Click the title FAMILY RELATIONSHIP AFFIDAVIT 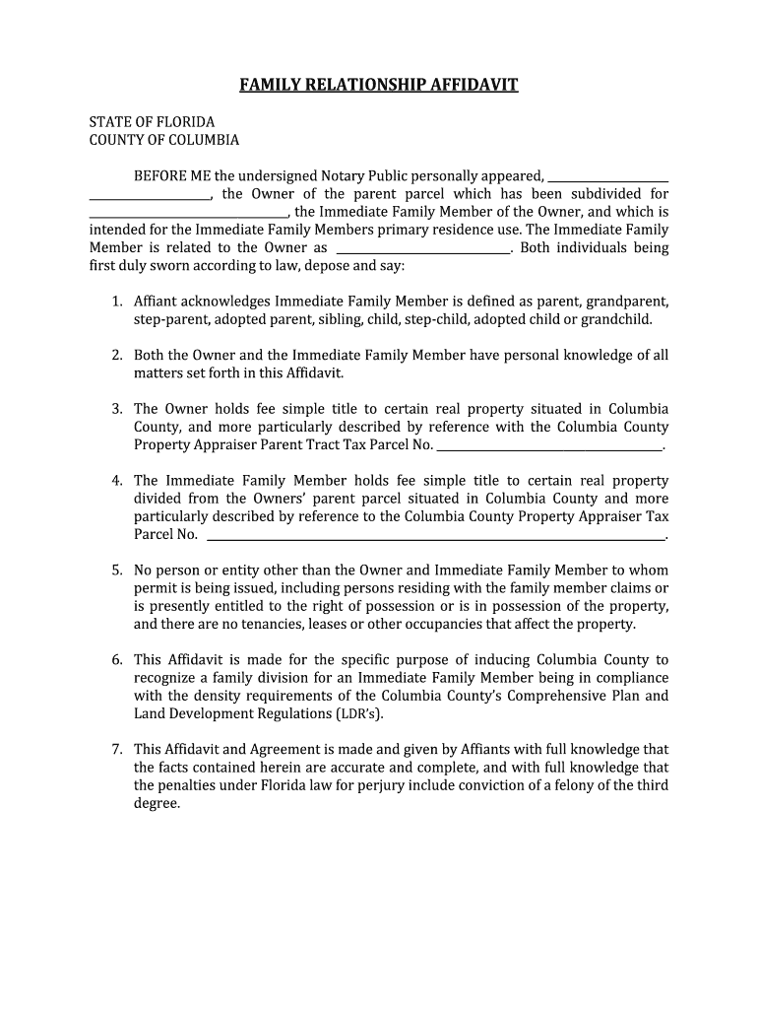(379, 85)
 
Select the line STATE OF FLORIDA (152, 122)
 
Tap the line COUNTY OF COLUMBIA (164, 140)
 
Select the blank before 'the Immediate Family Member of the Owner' (188, 213)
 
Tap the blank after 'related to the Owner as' (423, 249)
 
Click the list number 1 (116, 302)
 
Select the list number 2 (116, 356)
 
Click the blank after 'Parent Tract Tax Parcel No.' (549, 446)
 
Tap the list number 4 (116, 481)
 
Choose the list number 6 (116, 660)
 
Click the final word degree (157, 803)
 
